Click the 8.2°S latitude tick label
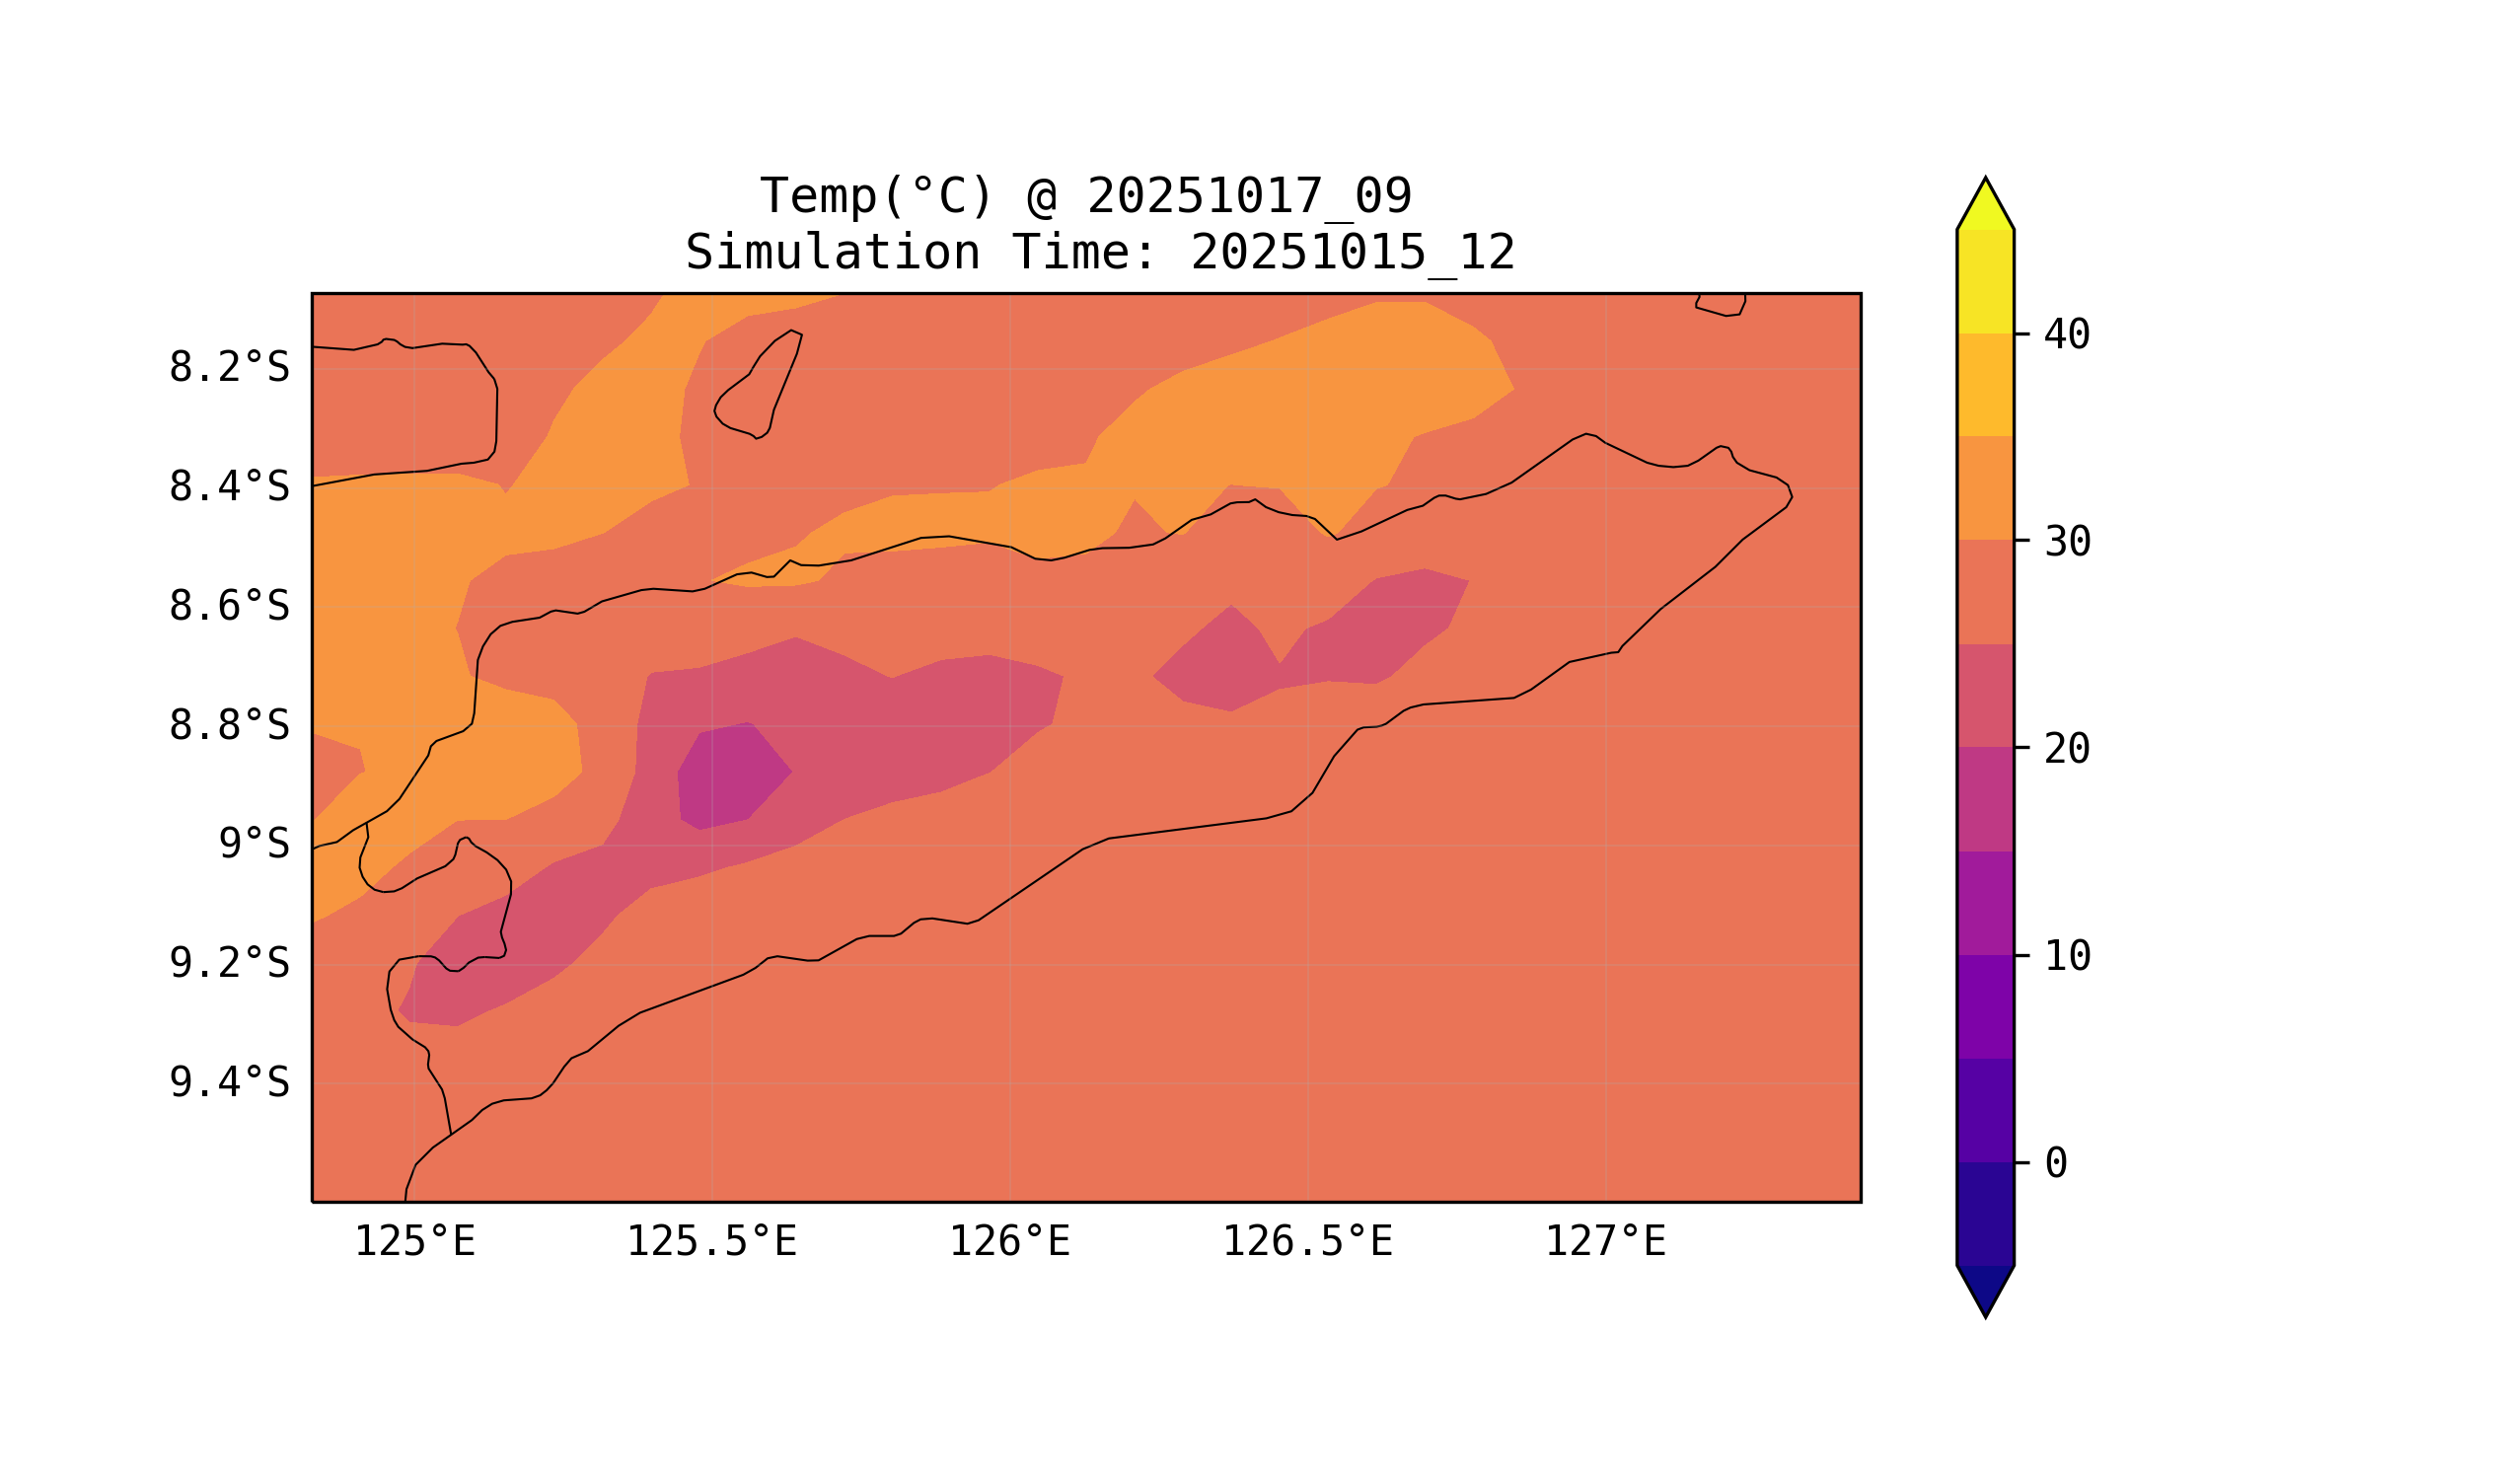pyautogui.click(x=228, y=368)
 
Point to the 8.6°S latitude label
pyautogui.click(x=228, y=607)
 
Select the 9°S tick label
pyautogui.click(x=254, y=844)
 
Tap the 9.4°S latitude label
pyautogui.click(x=228, y=1082)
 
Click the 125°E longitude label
pyautogui.click(x=414, y=1242)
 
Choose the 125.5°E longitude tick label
pyautogui.click(x=711, y=1242)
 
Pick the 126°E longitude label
pyautogui.click(x=1009, y=1242)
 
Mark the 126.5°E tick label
pyautogui.click(x=1306, y=1242)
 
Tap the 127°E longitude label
pyautogui.click(x=1604, y=1242)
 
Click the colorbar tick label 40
pyautogui.click(x=2067, y=335)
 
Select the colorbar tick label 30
pyautogui.click(x=2067, y=543)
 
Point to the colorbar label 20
pyautogui.click(x=2067, y=749)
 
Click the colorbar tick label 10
pyautogui.click(x=2067, y=956)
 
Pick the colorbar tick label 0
pyautogui.click(x=2055, y=1163)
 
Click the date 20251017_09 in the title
pyautogui.click(x=1249, y=196)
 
